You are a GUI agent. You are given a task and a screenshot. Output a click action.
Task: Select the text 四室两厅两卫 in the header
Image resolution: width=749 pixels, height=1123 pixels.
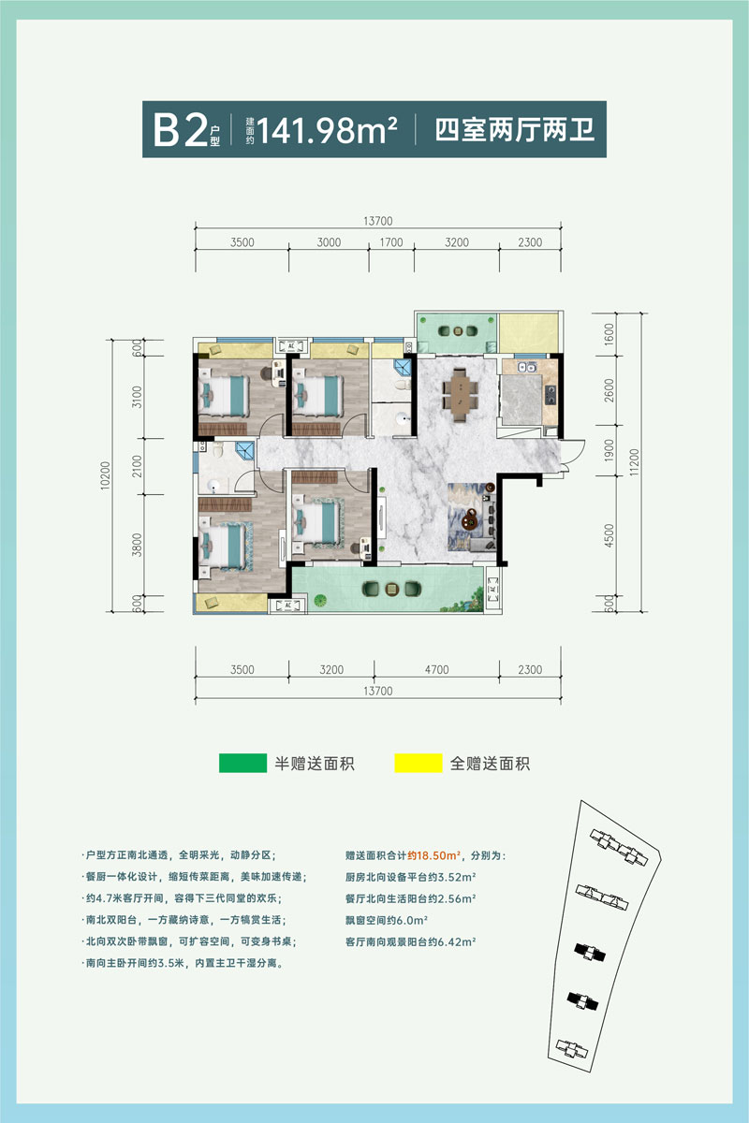[x=515, y=129]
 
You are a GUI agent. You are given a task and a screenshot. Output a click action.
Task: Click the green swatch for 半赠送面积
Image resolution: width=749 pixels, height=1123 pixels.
[x=242, y=764]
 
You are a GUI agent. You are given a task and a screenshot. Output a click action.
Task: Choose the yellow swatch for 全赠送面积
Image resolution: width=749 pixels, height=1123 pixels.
[x=418, y=764]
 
